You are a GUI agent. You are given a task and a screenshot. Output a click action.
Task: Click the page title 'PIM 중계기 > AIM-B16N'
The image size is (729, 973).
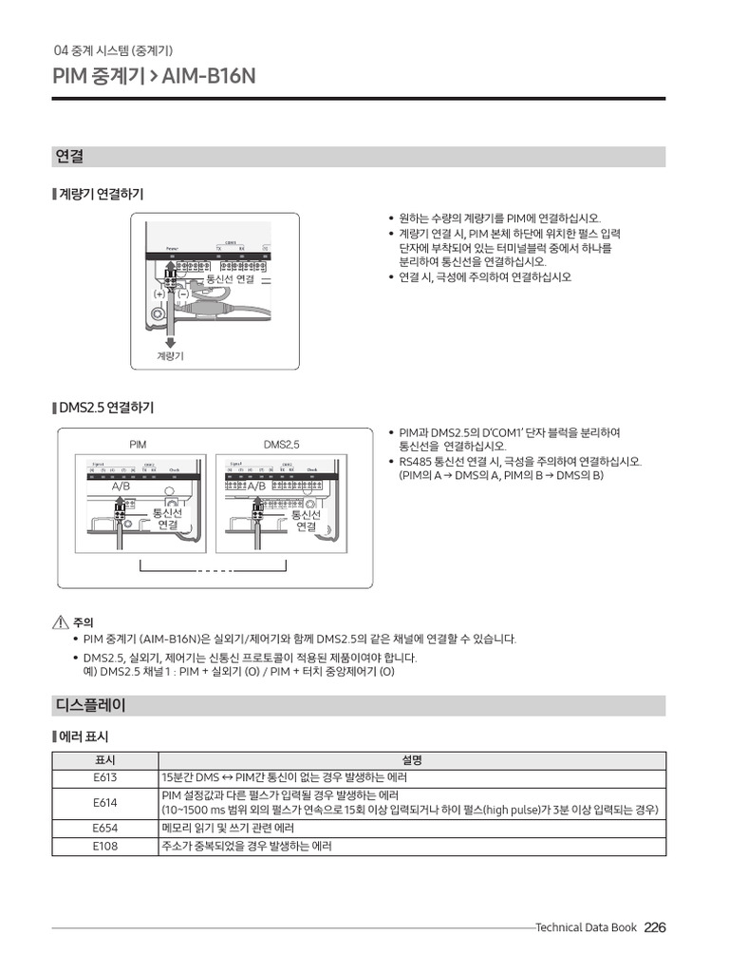155,76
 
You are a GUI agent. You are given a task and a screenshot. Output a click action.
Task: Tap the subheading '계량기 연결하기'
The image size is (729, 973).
102,195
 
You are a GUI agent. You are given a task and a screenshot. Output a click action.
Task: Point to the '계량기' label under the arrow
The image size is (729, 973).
170,356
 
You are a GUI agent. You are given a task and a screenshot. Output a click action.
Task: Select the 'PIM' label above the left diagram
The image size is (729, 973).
139,445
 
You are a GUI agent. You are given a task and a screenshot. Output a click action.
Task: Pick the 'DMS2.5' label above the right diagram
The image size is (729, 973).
281,445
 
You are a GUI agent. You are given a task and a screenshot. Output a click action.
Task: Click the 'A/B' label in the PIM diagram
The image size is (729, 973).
121,486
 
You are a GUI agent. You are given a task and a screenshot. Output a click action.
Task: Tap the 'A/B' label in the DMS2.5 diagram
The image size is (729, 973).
257,486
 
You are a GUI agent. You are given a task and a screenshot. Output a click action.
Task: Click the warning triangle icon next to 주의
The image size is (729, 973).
61,623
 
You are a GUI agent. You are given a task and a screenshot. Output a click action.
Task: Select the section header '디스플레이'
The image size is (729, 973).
91,706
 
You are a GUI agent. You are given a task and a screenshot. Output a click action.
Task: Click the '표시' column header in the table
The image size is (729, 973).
105,760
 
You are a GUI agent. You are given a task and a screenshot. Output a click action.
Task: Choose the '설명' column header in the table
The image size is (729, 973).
413,760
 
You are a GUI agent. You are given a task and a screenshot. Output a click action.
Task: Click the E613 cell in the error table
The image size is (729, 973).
105,777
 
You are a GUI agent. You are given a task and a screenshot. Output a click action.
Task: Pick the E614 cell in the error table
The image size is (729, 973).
105,803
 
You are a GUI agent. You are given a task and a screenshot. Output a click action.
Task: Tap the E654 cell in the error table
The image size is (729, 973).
105,829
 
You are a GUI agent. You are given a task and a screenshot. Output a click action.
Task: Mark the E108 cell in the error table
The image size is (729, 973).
105,846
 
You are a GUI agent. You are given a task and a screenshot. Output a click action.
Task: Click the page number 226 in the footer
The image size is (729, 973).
655,928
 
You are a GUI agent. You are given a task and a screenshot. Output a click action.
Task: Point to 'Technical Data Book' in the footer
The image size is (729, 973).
586,928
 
